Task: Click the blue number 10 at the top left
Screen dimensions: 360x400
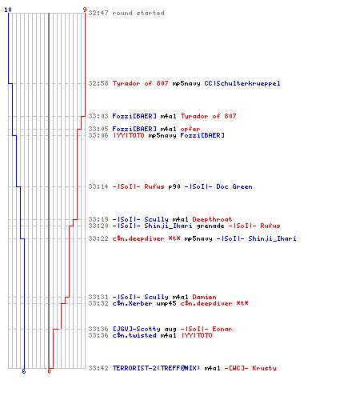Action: tap(8, 10)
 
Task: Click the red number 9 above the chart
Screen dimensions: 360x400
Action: tap(85, 10)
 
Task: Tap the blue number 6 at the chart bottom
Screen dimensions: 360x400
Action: tap(24, 371)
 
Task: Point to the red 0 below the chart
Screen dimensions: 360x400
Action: tap(49, 371)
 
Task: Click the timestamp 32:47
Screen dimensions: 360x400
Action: tap(98, 13)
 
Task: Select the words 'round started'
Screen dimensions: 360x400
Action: tap(138, 13)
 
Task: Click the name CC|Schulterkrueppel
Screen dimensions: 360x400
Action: tap(242, 83)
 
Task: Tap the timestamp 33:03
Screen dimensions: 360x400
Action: tap(98, 116)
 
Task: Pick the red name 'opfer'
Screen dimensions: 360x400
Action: tap(190, 130)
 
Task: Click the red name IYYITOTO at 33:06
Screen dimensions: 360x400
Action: tap(129, 135)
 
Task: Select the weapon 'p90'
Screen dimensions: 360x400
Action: tap(174, 186)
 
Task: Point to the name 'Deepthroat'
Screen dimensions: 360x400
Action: tap(212, 219)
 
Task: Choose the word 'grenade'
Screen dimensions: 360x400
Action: tap(210, 226)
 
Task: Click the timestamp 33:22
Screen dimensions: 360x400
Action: tap(98, 238)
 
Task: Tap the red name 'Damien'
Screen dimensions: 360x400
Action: tap(204, 297)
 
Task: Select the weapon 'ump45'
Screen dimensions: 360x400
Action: tap(166, 303)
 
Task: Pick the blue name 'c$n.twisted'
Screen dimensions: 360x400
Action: tap(134, 335)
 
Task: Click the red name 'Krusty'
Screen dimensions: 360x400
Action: tap(264, 368)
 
